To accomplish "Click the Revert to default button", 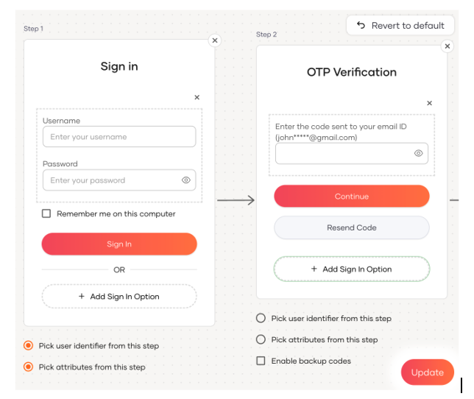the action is (x=400, y=25).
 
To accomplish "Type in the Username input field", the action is (x=119, y=137).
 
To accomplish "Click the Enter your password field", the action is (x=119, y=180).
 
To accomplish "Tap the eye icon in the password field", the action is (x=186, y=180).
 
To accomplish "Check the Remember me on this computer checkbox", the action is (x=46, y=213).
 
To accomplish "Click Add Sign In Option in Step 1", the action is (x=119, y=296).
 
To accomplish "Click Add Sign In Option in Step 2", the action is (x=352, y=269).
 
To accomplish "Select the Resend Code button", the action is (x=352, y=227).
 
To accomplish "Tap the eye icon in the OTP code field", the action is (x=418, y=153).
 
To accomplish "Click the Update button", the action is (x=428, y=372).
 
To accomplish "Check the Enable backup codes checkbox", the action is (x=261, y=361).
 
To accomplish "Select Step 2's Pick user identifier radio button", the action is (x=261, y=318).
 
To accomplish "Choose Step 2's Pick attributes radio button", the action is (x=261, y=339).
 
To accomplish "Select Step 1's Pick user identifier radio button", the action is (x=29, y=345).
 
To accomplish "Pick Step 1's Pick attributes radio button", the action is (x=29, y=367).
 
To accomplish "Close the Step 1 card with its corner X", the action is (x=215, y=40).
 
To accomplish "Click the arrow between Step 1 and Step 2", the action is (x=236, y=200).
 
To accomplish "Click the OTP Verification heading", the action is (x=352, y=72).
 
